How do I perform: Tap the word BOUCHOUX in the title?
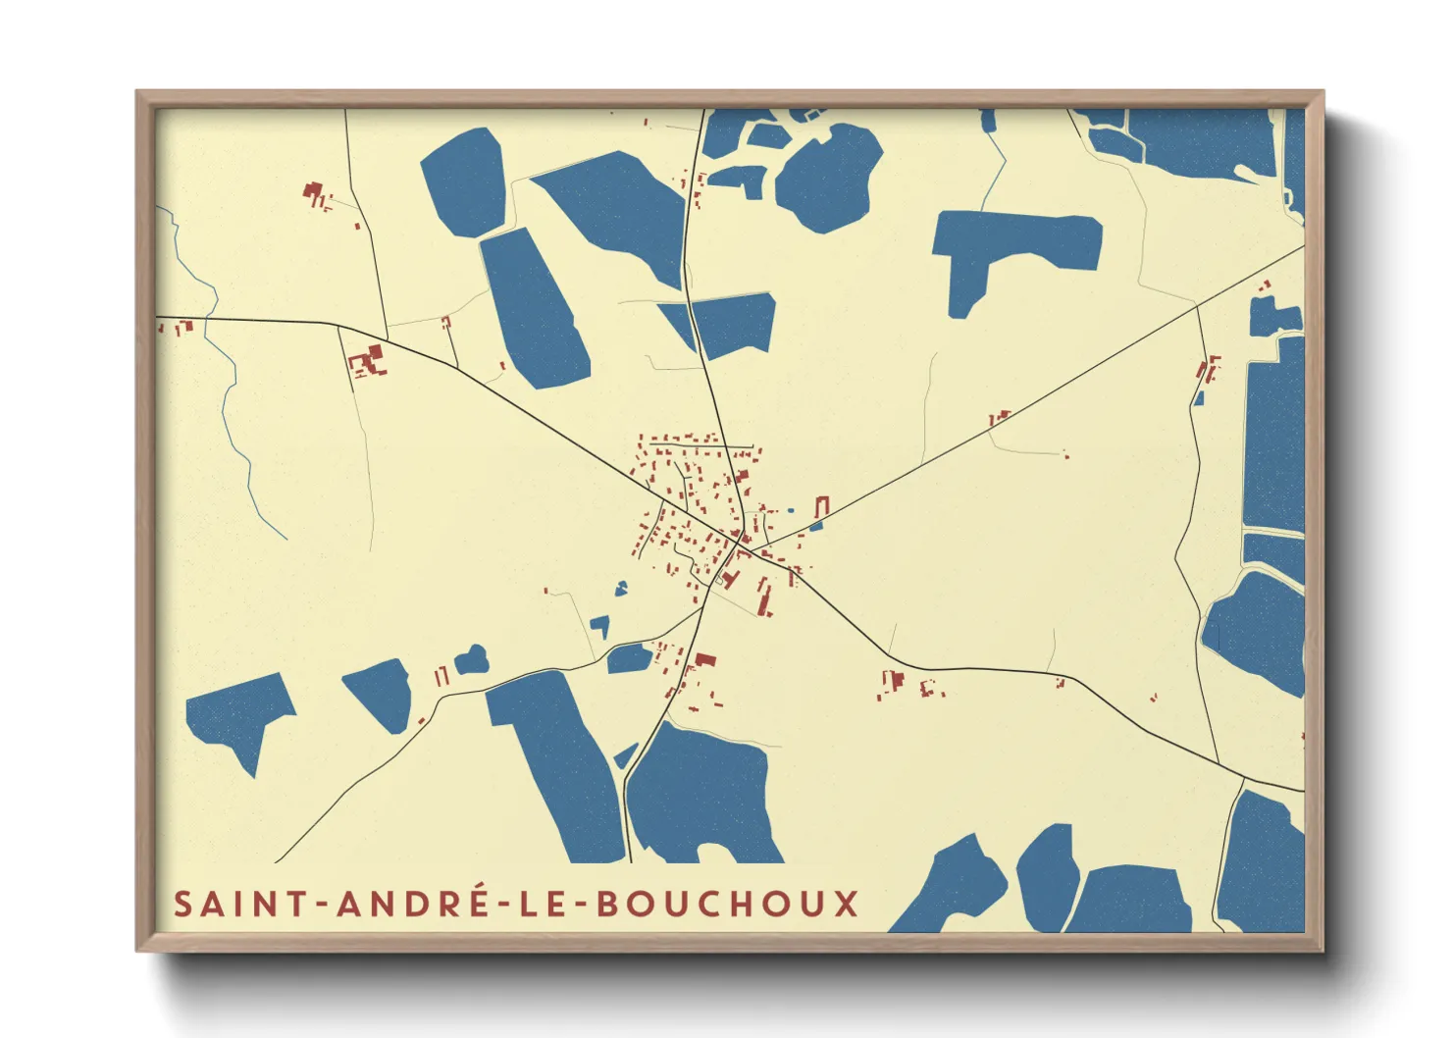pyautogui.click(x=728, y=904)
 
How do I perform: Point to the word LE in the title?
pyautogui.click(x=543, y=904)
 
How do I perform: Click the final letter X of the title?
pyautogui.click(x=847, y=904)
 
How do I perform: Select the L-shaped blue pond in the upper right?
pyautogui.click(x=1011, y=245)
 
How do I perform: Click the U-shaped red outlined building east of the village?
pyautogui.click(x=822, y=507)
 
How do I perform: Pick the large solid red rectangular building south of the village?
pyautogui.click(x=704, y=660)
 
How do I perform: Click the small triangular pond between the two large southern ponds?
pyautogui.click(x=625, y=755)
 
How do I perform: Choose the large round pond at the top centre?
pyautogui.click(x=829, y=177)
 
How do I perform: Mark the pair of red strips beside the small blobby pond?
pyautogui.click(x=441, y=676)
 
